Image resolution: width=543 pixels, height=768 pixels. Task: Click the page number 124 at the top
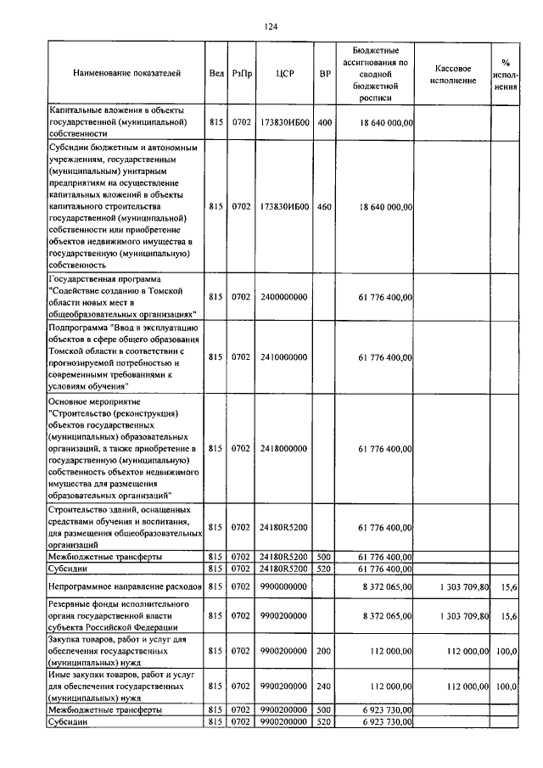271,28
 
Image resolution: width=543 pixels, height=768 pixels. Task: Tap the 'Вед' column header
216,74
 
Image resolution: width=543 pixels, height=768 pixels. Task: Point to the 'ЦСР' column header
284,74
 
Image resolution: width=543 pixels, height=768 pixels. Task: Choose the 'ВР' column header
324,74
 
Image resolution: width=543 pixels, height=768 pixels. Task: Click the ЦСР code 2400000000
284,297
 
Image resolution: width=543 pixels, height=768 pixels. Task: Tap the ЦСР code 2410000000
284,357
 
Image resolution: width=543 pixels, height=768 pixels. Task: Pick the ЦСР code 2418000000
284,447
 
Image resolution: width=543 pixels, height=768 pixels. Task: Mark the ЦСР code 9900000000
284,586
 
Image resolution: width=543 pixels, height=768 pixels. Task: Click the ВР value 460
324,206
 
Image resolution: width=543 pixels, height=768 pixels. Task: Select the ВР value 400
324,122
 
